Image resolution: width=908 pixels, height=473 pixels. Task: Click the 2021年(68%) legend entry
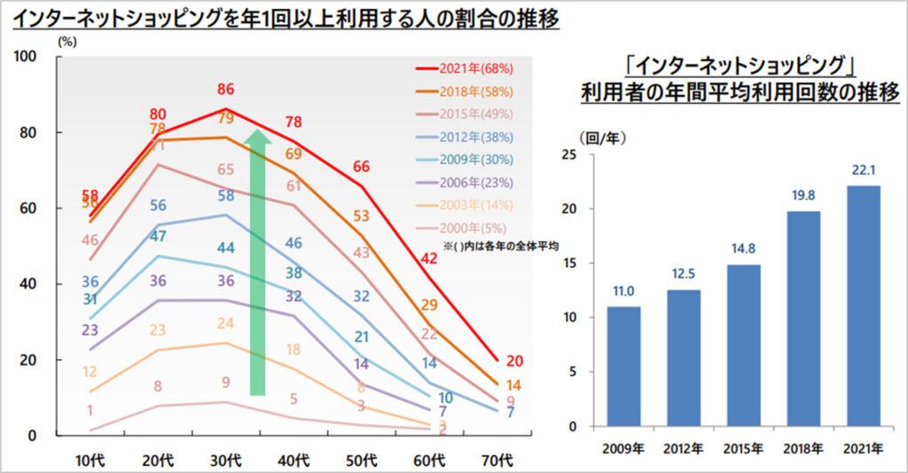(465, 67)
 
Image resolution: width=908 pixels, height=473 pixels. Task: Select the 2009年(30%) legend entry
(465, 160)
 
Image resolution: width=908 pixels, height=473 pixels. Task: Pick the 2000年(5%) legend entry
(465, 229)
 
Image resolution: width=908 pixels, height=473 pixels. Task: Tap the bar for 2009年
(623, 366)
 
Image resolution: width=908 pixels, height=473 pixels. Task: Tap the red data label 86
(226, 90)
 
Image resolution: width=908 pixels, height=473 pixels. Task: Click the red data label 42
(430, 259)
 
